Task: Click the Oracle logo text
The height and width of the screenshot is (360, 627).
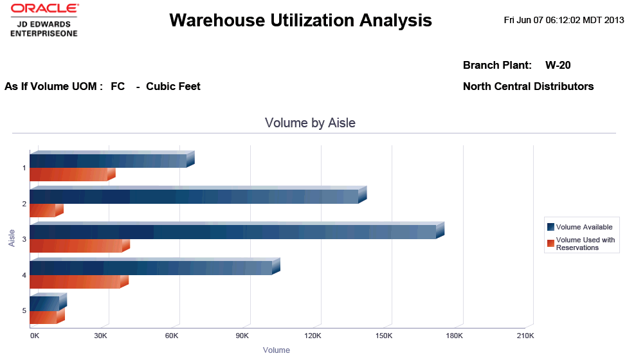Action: (x=44, y=9)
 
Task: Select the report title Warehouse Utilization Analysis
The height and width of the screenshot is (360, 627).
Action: (x=300, y=21)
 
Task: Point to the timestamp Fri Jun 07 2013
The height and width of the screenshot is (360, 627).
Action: (x=564, y=20)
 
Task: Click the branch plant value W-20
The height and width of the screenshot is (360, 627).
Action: (x=558, y=65)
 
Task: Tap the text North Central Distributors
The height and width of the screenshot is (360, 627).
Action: (x=528, y=86)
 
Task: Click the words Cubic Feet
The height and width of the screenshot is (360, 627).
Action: (x=173, y=86)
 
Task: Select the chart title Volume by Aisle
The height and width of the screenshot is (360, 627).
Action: (x=310, y=123)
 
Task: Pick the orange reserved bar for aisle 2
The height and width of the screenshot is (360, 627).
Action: (x=43, y=210)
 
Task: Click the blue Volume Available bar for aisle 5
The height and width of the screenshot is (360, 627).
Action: (x=44, y=303)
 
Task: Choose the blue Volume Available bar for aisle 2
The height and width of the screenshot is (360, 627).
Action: (x=194, y=196)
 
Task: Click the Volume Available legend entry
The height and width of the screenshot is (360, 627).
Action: (x=584, y=227)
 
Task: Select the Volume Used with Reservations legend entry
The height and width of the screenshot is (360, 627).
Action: (x=585, y=244)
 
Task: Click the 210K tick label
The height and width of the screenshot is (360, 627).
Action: (x=525, y=336)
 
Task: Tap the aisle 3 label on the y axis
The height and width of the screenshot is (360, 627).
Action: (x=24, y=239)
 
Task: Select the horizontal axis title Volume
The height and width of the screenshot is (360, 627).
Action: (x=277, y=350)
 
